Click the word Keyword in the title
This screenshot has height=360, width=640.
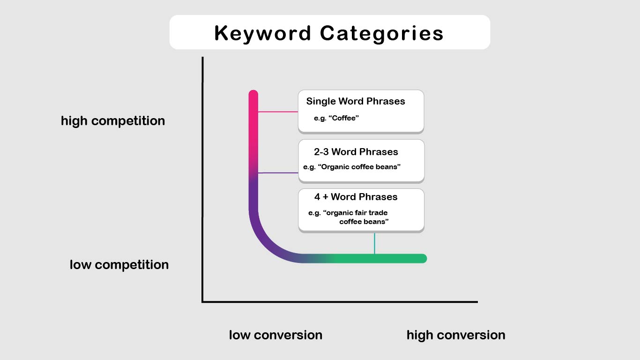coord(262,33)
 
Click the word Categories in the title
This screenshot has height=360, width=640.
coord(381,33)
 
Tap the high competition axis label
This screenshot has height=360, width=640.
coord(113,121)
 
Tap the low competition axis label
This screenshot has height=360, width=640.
coord(119,265)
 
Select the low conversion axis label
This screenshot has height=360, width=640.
coord(275,335)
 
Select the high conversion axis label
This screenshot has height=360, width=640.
coord(456,335)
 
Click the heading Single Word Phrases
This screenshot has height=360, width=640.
coord(356,101)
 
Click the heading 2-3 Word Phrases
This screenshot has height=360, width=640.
coord(356,152)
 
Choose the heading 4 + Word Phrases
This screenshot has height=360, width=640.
coord(356,197)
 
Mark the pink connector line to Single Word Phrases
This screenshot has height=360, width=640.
coord(278,112)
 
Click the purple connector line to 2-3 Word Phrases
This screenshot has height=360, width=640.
coord(278,173)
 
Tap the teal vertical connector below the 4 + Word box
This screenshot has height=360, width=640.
coord(374,243)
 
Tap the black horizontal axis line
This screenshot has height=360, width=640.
coord(340,302)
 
